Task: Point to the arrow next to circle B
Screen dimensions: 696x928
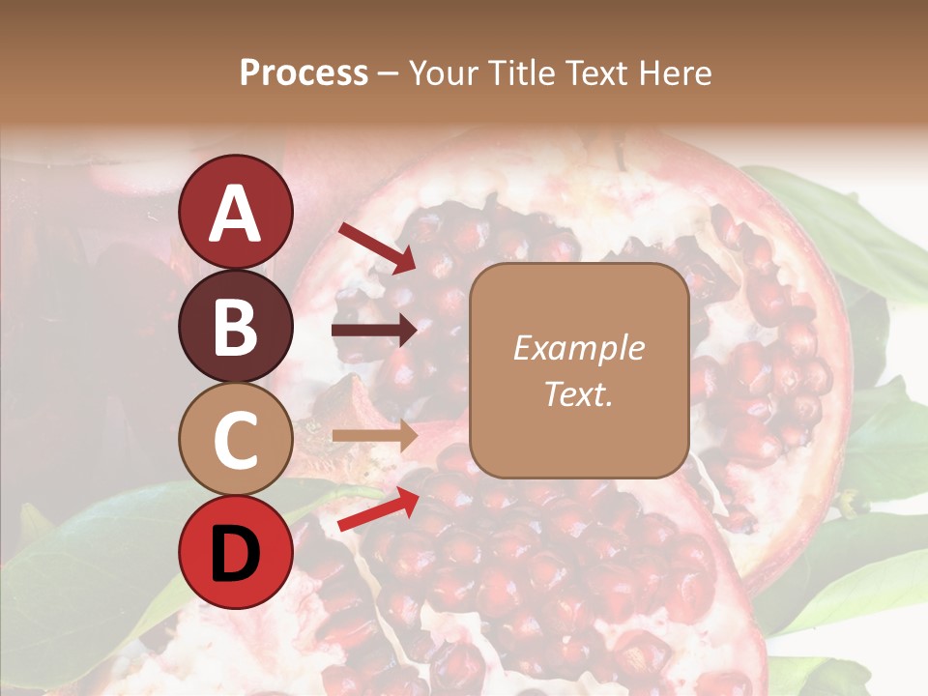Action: pyautogui.click(x=374, y=332)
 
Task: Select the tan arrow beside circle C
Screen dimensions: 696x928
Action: pyautogui.click(x=374, y=436)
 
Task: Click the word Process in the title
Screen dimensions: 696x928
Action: pyautogui.click(x=304, y=73)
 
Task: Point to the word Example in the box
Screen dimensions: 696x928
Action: pyautogui.click(x=578, y=348)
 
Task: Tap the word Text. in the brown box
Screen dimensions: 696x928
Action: pyautogui.click(x=578, y=394)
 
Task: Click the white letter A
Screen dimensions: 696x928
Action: pyautogui.click(x=236, y=215)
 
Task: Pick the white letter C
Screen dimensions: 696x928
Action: pyautogui.click(x=236, y=441)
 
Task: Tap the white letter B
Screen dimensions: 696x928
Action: pyautogui.click(x=236, y=328)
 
